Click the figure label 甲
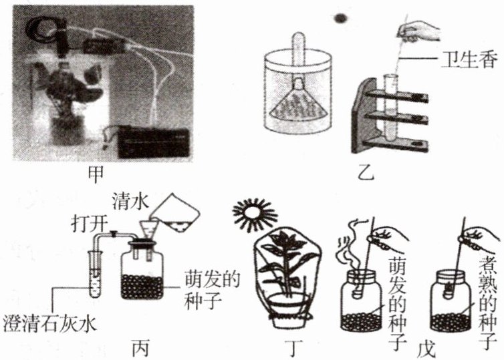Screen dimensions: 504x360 pyautogui.click(x=96, y=175)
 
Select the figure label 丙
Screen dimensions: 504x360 pyautogui.click(x=141, y=348)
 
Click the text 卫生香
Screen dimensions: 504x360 pyautogui.click(x=469, y=59)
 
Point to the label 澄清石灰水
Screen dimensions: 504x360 pyautogui.click(x=50, y=323)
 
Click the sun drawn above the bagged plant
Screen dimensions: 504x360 pyautogui.click(x=255, y=214)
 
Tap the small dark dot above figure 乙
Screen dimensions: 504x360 pyautogui.click(x=340, y=18)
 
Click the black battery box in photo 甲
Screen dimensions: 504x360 pyautogui.click(x=154, y=142)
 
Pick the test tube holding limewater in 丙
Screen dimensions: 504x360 pyautogui.click(x=96, y=274)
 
